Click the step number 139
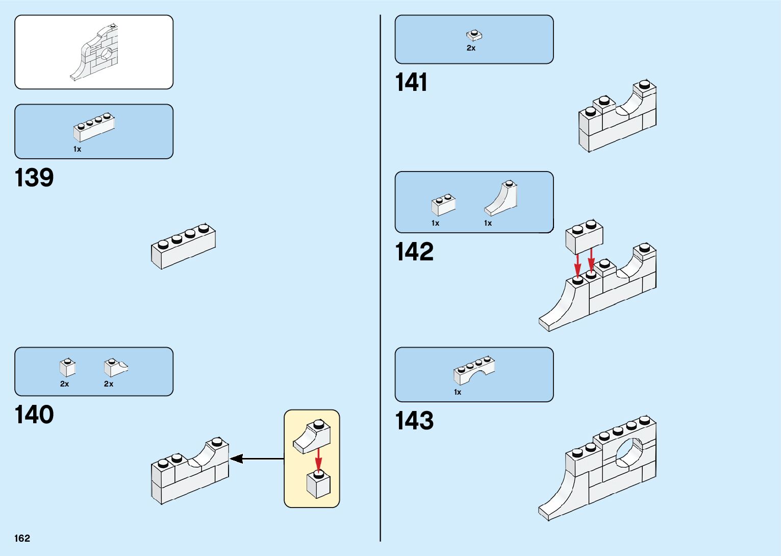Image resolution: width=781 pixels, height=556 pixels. tap(34, 178)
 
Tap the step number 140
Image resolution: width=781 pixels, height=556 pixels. tap(34, 415)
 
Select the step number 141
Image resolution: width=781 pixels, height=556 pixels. tap(411, 82)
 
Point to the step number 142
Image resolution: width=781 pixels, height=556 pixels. tap(414, 252)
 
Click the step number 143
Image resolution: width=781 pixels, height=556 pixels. tap(414, 421)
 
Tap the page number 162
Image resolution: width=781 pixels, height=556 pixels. tap(22, 538)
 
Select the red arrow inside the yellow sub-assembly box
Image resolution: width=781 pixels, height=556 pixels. tap(318, 460)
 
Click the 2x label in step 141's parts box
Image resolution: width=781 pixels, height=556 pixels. tap(471, 48)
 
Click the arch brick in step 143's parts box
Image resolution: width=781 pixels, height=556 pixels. tap(474, 370)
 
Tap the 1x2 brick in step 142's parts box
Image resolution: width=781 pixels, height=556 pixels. tap(443, 205)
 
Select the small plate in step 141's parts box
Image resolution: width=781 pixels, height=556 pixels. tap(474, 35)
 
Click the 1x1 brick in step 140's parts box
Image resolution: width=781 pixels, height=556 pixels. tap(67, 367)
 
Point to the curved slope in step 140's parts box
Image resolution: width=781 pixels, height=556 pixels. tap(115, 367)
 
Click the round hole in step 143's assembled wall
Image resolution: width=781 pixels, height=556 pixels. tap(629, 453)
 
